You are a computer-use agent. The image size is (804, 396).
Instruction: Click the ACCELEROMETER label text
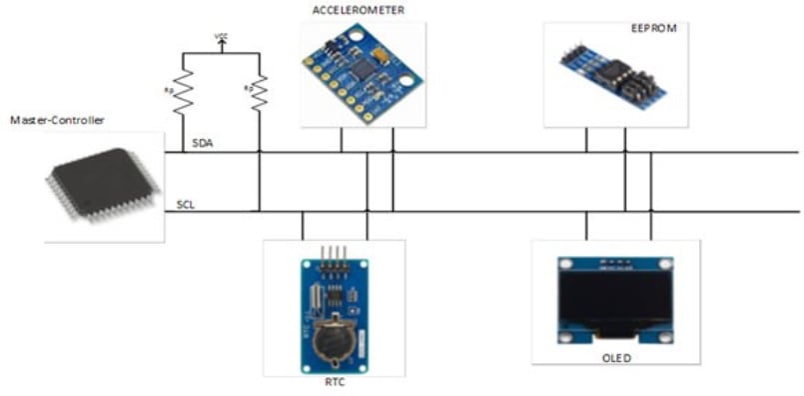[358, 10]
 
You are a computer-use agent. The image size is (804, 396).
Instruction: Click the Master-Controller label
[57, 120]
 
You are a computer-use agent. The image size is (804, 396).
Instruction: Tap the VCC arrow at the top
[221, 41]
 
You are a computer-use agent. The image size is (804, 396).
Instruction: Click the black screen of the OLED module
[615, 297]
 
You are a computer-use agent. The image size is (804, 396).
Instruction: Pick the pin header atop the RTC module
[333, 253]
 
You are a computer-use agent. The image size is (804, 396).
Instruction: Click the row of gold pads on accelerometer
[327, 84]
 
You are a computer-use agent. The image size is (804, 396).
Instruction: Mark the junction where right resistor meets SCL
[259, 211]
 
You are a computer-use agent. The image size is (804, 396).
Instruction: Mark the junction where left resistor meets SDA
[183, 153]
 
